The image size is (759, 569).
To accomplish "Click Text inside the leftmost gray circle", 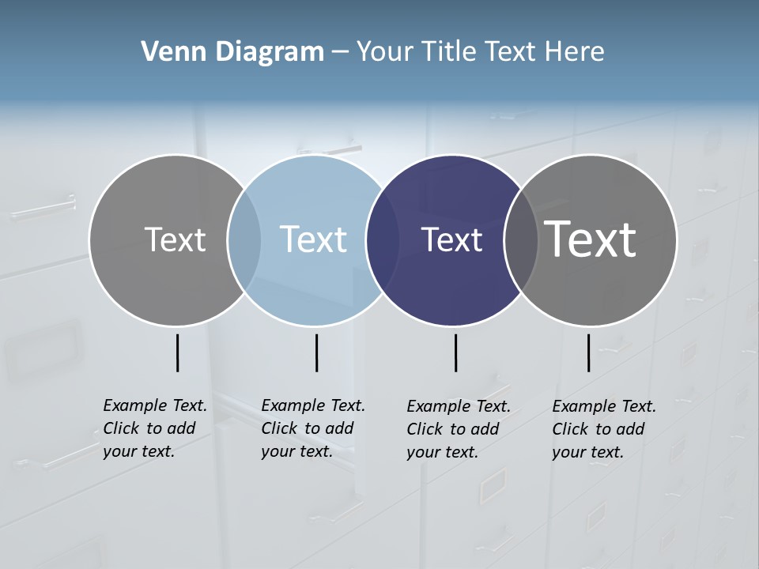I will (x=175, y=239).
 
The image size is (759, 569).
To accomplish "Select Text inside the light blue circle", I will (x=313, y=239).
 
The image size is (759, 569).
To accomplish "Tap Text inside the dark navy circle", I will (x=451, y=239).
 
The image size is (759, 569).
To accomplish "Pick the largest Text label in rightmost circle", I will (x=591, y=239).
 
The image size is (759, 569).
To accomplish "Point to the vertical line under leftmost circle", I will (x=177, y=352).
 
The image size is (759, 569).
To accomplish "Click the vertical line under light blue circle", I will (x=316, y=352).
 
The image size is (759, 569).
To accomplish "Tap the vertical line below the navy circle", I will (x=455, y=352).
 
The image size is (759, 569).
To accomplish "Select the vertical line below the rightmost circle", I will (x=588, y=352).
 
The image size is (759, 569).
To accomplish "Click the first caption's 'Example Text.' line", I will (x=155, y=405).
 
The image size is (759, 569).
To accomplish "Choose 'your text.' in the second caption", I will (x=296, y=452).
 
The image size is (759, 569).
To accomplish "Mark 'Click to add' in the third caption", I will (x=453, y=429).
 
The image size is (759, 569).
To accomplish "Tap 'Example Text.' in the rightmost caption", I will (x=604, y=406).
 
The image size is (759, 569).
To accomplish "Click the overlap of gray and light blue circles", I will (x=244, y=239).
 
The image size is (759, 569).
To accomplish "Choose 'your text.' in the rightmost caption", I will (x=587, y=453).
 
